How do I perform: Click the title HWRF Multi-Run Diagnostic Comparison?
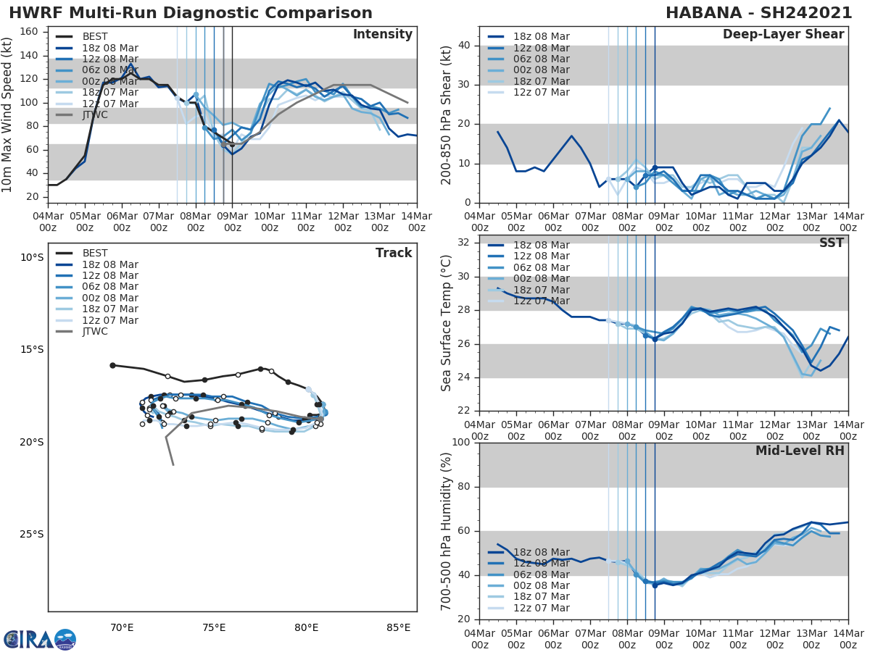pos(191,13)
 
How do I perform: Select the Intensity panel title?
pos(382,35)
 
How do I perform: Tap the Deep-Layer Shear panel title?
pos(783,35)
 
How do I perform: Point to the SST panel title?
pos(831,243)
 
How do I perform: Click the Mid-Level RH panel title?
pos(800,451)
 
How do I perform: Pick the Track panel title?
pos(394,253)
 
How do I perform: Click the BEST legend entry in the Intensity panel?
pos(95,36)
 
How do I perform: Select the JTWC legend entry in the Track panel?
pos(95,332)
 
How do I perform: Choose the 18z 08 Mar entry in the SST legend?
pos(541,245)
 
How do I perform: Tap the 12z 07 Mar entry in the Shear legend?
pos(541,93)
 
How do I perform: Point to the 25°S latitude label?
pos(31,535)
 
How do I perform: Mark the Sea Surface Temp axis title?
pos(447,323)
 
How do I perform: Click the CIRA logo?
pos(40,640)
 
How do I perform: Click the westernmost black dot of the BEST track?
pos(112,365)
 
